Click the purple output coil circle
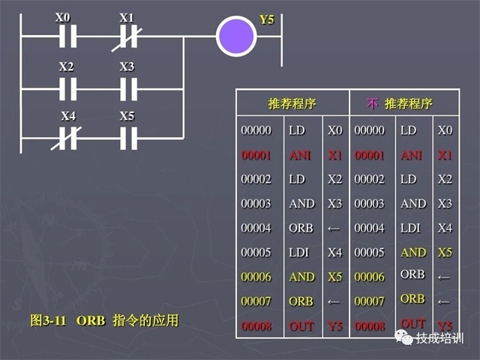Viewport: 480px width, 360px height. pos(236,35)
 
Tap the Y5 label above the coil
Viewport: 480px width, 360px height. pos(267,19)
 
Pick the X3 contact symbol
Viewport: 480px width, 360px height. pos(128,88)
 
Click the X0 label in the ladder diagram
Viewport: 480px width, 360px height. pos(63,16)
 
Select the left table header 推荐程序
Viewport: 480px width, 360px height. pos(292,103)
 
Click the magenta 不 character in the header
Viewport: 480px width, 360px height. pos(372,103)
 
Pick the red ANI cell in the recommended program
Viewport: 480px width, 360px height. pos(301,155)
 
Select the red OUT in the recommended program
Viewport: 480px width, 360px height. pos(301,326)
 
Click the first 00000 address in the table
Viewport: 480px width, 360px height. pos(256,130)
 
